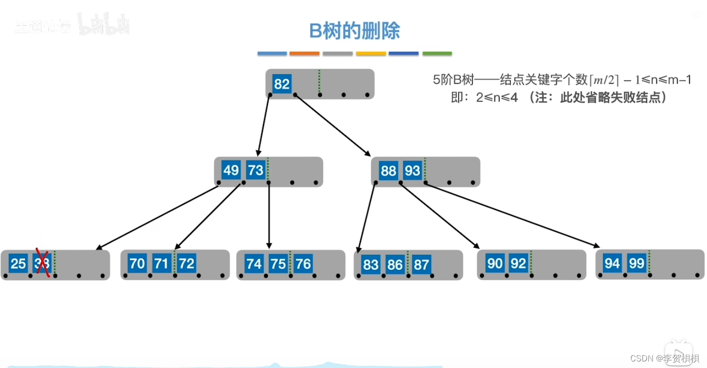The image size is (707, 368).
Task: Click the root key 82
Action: click(x=282, y=83)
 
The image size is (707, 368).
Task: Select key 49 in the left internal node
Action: click(x=231, y=170)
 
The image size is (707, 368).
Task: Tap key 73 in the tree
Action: click(x=255, y=170)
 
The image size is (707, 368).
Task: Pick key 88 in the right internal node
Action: click(x=388, y=171)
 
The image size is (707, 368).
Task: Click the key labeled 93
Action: click(x=412, y=171)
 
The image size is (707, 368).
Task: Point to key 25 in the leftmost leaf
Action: click(x=18, y=264)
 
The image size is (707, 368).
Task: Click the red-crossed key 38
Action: click(x=42, y=264)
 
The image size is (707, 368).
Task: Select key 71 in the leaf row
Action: click(x=161, y=264)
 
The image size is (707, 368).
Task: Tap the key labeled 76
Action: click(x=303, y=264)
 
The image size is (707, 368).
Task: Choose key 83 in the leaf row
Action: click(x=371, y=265)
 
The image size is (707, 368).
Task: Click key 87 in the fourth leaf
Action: click(x=421, y=265)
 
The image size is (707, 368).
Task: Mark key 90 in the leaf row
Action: click(x=495, y=264)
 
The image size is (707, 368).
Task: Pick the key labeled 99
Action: click(x=636, y=263)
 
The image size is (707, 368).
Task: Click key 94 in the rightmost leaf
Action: click(x=612, y=263)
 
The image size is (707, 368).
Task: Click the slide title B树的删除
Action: click(x=354, y=31)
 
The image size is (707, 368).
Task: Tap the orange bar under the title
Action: click(x=304, y=54)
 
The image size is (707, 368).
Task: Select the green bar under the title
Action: click(x=437, y=54)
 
